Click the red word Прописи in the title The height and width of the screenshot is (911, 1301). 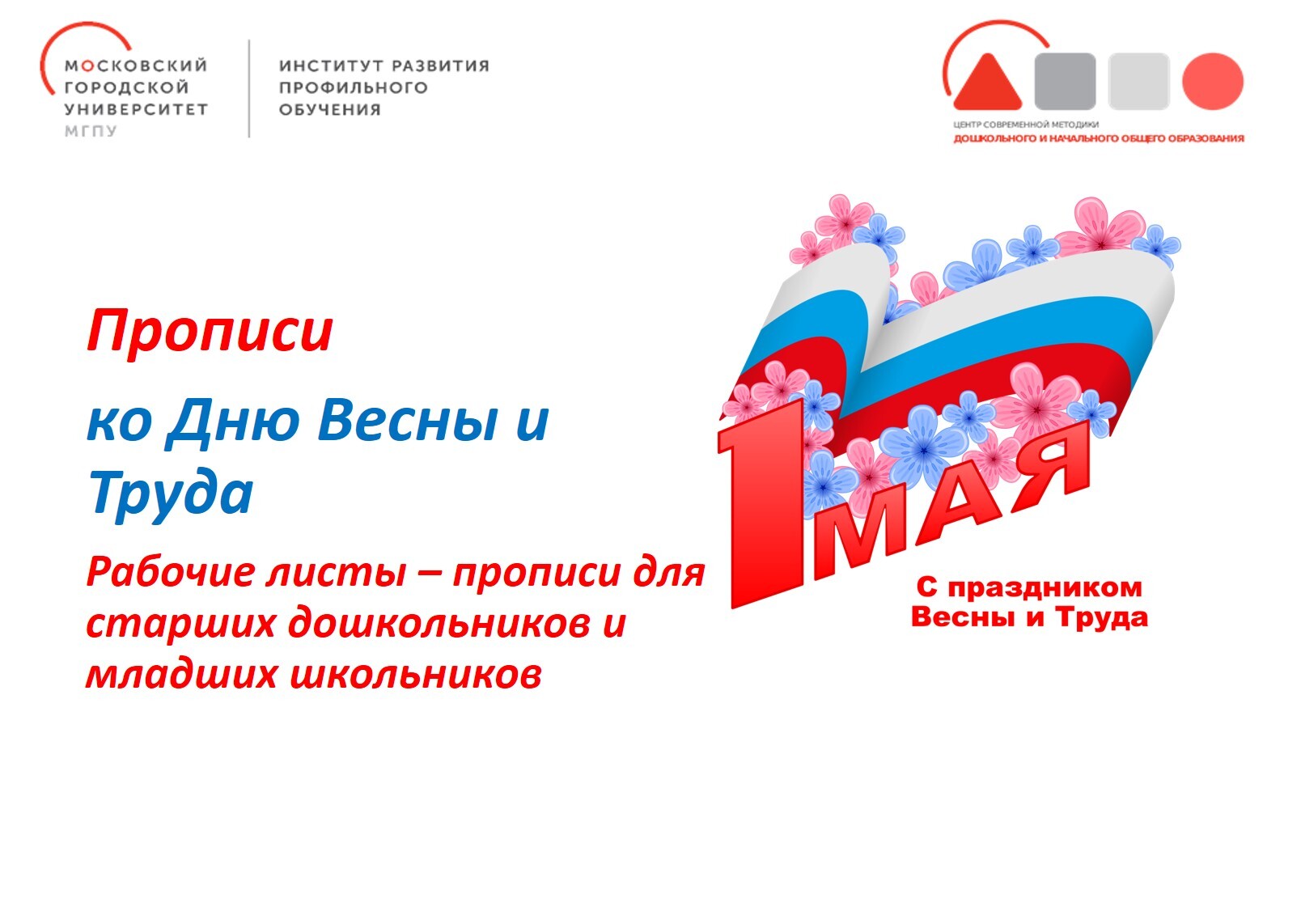click(210, 331)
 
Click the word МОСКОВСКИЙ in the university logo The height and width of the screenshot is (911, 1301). click(136, 65)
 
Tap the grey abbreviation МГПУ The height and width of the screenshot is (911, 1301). click(91, 131)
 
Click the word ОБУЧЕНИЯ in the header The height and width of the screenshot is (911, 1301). click(330, 109)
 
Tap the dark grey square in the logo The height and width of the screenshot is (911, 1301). click(1066, 81)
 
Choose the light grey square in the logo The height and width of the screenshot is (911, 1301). click(1138, 81)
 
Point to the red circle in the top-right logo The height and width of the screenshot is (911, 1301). click(1213, 81)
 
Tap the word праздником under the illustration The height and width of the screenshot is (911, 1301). click(1045, 587)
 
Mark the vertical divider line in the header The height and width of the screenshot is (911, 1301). click(249, 88)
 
